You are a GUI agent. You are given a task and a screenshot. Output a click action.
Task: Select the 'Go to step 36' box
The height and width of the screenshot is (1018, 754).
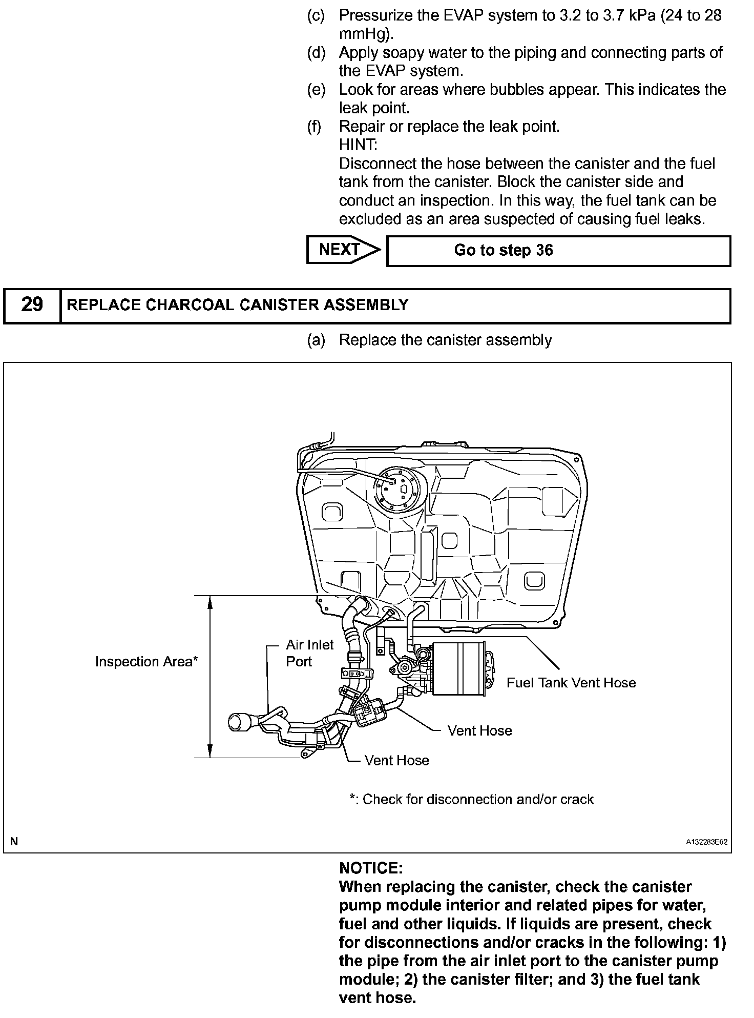coord(558,251)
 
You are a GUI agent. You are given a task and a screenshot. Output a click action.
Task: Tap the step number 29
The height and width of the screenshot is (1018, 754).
coord(32,305)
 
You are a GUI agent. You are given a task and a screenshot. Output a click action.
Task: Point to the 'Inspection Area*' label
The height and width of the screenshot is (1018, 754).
coord(146,662)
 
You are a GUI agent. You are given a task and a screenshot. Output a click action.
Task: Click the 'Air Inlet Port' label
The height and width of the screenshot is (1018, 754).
coord(309,653)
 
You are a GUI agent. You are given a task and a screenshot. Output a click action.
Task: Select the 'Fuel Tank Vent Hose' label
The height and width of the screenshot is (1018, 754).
coord(571,683)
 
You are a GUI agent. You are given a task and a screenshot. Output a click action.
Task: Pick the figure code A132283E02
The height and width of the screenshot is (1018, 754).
coord(707,842)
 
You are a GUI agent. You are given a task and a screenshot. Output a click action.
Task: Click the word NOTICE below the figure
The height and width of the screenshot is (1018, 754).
coord(371,868)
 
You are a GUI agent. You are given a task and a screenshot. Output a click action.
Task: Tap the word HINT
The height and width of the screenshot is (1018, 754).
coord(358,145)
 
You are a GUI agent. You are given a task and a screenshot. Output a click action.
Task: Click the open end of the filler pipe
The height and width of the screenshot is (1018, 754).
coord(237,722)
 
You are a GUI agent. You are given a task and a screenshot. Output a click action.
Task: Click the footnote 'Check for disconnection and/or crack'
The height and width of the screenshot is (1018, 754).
coord(471,800)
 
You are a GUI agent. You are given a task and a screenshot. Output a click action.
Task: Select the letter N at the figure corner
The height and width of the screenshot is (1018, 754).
coord(14,841)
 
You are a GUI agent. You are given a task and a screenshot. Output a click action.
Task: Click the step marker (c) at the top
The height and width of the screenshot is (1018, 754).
coord(316,16)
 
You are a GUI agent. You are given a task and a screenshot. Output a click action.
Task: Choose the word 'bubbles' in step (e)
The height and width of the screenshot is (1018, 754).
coord(517,90)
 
